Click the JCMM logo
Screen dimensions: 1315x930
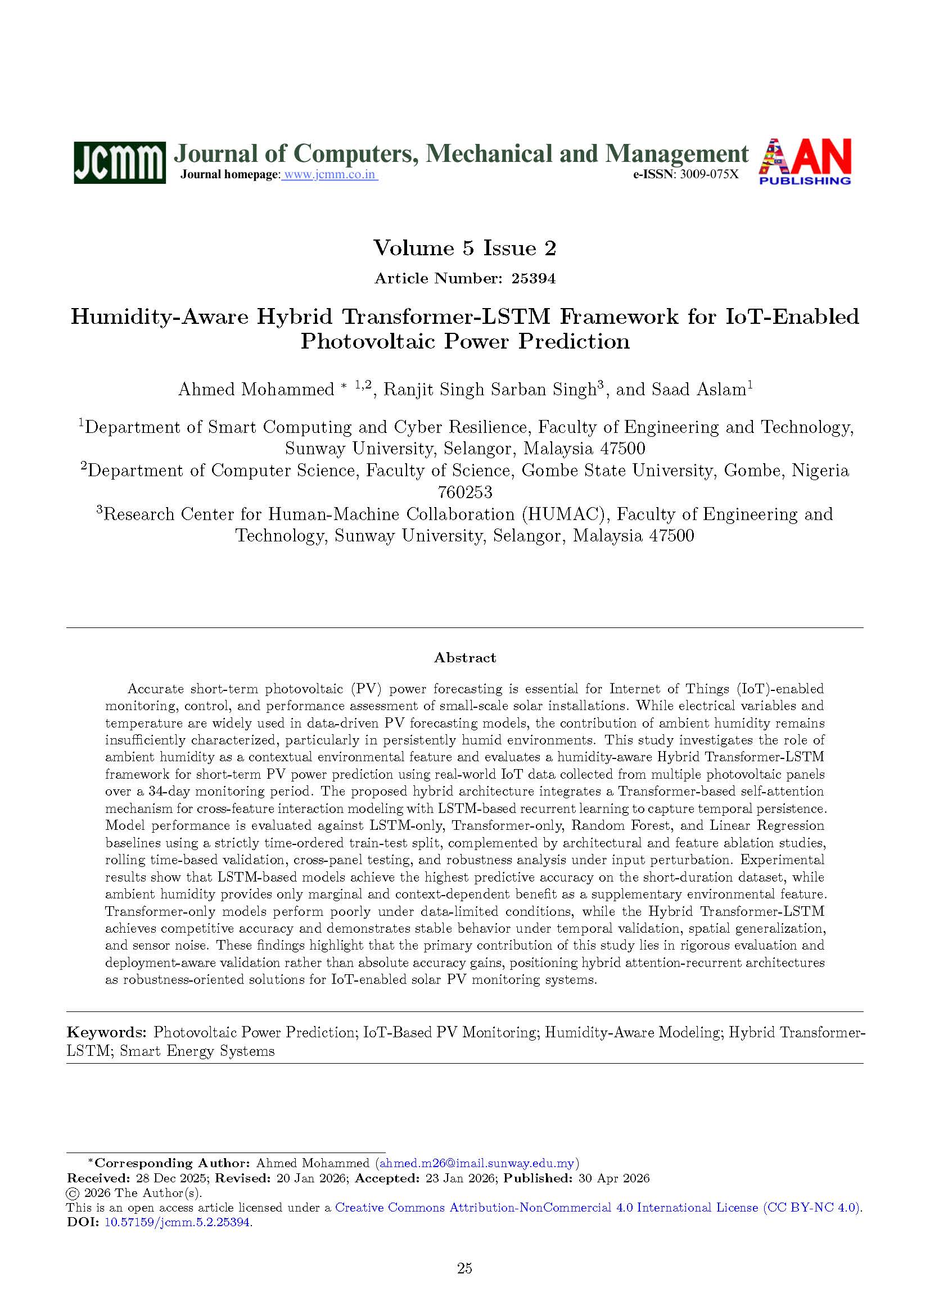coord(119,162)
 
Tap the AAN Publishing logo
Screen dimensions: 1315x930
coord(805,161)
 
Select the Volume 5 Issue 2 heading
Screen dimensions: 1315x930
coord(464,248)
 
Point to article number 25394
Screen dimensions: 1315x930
coord(533,278)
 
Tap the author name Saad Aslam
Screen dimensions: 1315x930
coord(704,390)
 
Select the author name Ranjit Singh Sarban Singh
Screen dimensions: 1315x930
coord(490,390)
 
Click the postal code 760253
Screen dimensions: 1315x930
coord(464,492)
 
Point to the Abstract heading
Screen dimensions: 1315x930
coord(464,658)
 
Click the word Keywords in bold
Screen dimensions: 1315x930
coord(106,1033)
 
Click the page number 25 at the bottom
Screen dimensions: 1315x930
coord(464,1268)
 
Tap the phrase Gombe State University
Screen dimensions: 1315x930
coord(619,471)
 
